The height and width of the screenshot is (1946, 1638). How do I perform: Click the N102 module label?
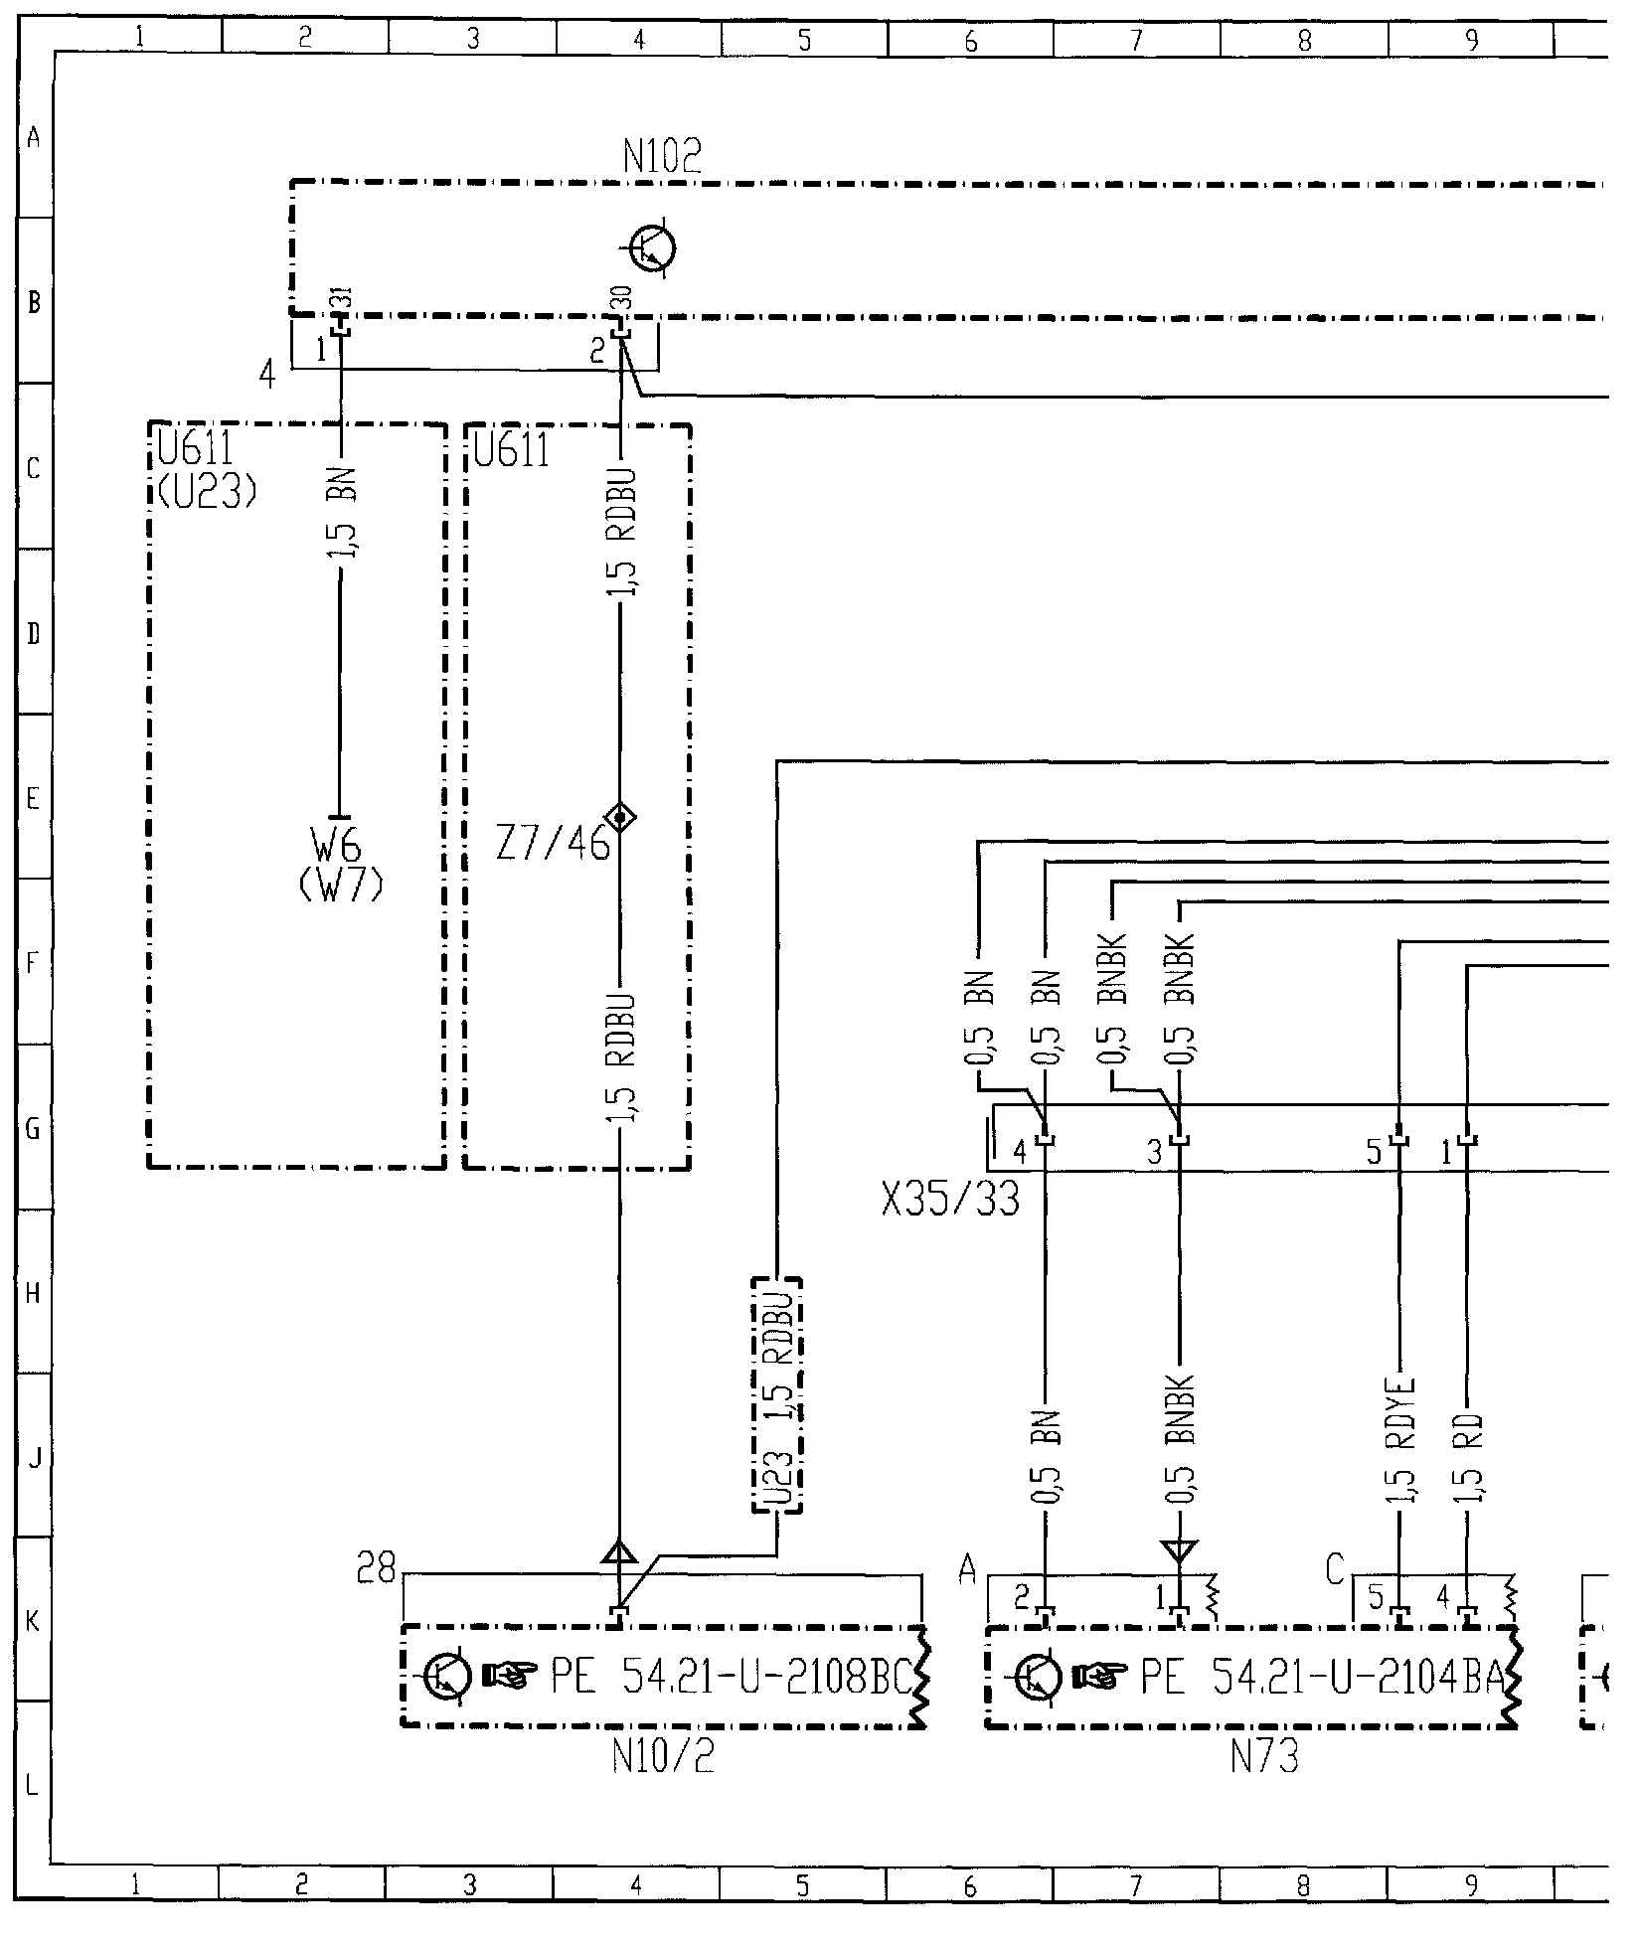(x=662, y=156)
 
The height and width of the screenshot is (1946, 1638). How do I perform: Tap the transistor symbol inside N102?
(x=653, y=247)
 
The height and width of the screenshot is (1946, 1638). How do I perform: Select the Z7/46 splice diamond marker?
(x=621, y=818)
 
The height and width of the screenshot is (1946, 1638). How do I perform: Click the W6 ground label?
(x=338, y=848)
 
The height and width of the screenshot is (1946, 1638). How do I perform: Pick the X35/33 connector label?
(x=950, y=1200)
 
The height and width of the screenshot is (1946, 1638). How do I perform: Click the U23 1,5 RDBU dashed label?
(x=776, y=1395)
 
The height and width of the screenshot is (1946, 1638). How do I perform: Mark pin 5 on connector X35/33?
(x=1376, y=1153)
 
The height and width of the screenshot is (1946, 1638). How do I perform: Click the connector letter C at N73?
(x=1337, y=1571)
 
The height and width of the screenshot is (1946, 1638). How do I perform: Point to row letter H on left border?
(x=33, y=1293)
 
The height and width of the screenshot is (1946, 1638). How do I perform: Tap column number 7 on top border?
(x=1136, y=39)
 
